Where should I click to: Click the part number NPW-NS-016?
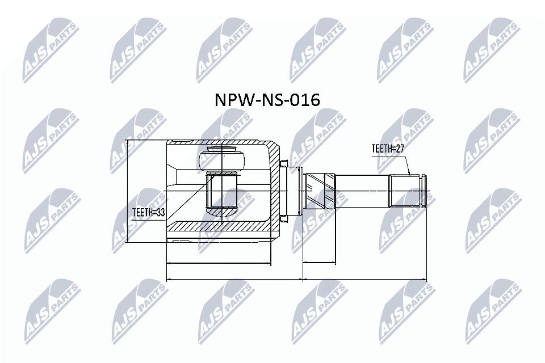267,100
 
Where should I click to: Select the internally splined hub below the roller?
223,190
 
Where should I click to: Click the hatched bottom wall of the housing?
221,227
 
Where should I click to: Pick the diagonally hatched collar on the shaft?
320,191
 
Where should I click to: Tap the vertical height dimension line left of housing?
128,191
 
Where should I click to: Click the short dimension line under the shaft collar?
319,263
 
